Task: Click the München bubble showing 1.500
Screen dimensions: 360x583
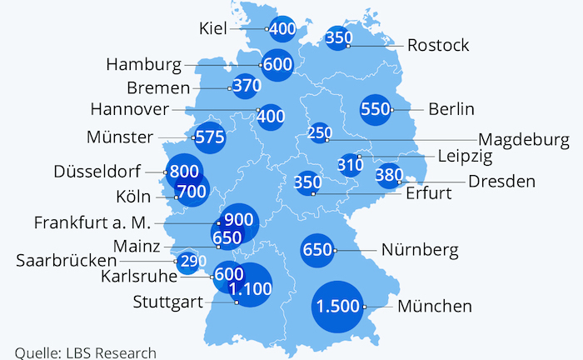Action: (337, 306)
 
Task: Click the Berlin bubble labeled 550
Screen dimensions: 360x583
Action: (375, 108)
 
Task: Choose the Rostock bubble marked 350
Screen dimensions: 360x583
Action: (338, 37)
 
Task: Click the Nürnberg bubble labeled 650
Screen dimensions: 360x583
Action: (317, 249)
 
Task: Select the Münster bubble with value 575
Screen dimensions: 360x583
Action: (209, 138)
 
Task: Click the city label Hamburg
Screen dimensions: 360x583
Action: (144, 64)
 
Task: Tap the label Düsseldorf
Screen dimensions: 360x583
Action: (97, 172)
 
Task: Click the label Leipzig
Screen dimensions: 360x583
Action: (465, 156)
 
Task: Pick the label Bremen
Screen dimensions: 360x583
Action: (158, 87)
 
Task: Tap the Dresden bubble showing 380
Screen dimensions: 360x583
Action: (388, 175)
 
